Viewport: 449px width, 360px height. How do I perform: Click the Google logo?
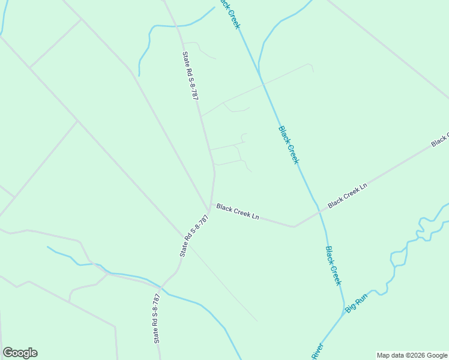point(20,353)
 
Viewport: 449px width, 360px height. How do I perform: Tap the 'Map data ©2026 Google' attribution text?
point(412,355)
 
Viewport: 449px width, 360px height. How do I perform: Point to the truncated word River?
point(317,352)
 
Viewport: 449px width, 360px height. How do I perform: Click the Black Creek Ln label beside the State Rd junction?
point(237,211)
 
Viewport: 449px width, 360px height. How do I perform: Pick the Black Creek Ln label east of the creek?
point(347,196)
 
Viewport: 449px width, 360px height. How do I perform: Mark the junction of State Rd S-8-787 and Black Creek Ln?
point(209,210)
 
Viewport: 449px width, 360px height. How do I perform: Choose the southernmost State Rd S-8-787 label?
point(157,318)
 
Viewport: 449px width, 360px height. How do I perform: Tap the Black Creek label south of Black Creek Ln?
point(333,265)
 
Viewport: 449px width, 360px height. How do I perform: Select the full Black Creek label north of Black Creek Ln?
point(288,144)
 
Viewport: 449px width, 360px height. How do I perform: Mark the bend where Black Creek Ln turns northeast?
point(294,227)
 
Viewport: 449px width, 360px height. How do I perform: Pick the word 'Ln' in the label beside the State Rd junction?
point(255,215)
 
